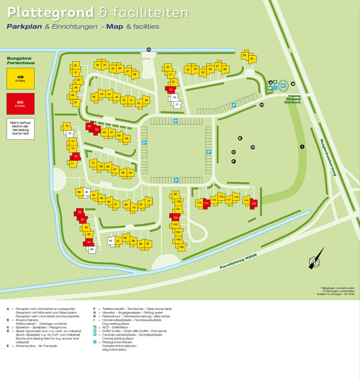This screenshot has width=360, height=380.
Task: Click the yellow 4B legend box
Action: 20,78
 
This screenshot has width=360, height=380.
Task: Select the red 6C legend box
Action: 20,103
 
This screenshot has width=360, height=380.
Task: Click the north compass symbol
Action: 312,261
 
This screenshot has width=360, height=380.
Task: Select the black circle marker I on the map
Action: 302,146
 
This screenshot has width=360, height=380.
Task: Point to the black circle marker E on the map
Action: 239,138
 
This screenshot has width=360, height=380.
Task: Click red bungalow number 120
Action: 253,203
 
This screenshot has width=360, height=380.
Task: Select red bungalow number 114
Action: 206,204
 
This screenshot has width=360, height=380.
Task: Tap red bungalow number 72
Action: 74,156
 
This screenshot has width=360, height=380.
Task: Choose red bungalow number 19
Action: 172,90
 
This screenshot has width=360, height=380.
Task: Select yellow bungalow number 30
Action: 251,59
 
